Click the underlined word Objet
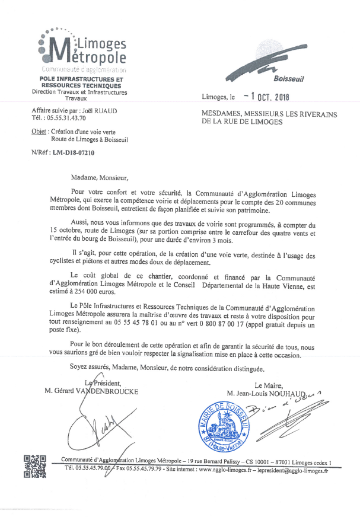[x=39, y=132]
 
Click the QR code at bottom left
[x=34, y=466]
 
